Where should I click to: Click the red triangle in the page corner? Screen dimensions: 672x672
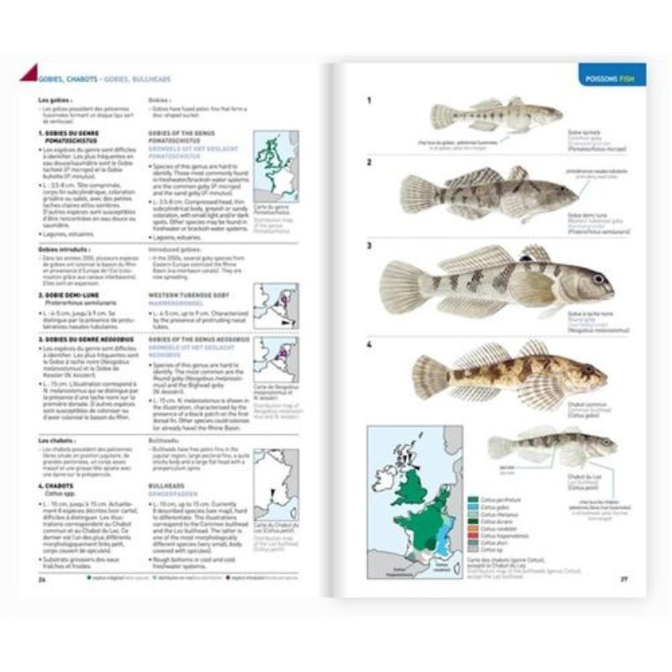[x=28, y=73]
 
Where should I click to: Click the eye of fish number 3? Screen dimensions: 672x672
[x=597, y=278]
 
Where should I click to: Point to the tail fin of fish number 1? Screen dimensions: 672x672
[x=442, y=116]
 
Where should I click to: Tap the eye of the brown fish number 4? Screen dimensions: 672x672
[x=588, y=370]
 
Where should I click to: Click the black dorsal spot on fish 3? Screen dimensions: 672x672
[x=530, y=255]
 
